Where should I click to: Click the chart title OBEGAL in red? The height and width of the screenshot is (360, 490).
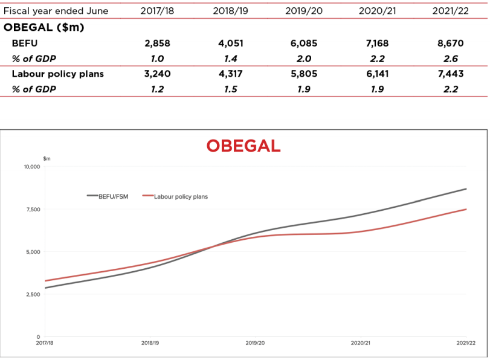(x=243, y=146)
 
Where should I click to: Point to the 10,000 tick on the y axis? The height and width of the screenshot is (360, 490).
(x=31, y=167)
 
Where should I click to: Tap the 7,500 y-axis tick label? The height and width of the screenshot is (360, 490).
(x=33, y=210)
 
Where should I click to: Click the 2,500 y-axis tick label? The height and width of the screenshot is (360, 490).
(x=33, y=295)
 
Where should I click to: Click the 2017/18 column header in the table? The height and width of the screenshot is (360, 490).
(x=157, y=11)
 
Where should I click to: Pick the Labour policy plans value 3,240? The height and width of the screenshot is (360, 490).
(x=157, y=74)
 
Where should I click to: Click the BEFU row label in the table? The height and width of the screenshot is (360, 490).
(x=25, y=43)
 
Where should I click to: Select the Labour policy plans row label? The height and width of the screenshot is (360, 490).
(x=58, y=74)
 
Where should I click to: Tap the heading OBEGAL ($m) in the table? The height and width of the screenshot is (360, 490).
(x=44, y=28)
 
